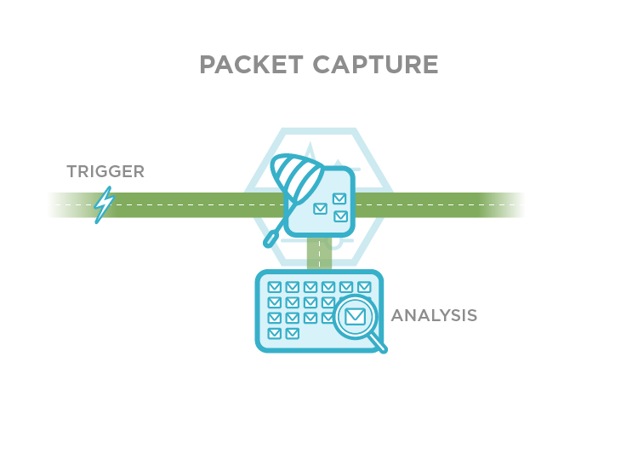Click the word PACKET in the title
pos(251,65)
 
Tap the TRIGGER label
pos(105,172)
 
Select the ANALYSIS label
pos(434,316)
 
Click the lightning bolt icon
pos(104,204)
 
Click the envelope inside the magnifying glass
pos(354,318)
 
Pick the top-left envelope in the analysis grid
pos(275,288)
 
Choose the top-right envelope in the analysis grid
pos(364,288)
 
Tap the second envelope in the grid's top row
pos(293,288)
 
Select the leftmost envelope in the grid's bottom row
pos(275,333)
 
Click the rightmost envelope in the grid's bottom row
pos(293,333)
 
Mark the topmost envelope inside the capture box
pos(339,198)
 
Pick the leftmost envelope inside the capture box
pos(321,209)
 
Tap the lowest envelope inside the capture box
pos(340,216)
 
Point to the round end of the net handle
pos(270,243)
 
